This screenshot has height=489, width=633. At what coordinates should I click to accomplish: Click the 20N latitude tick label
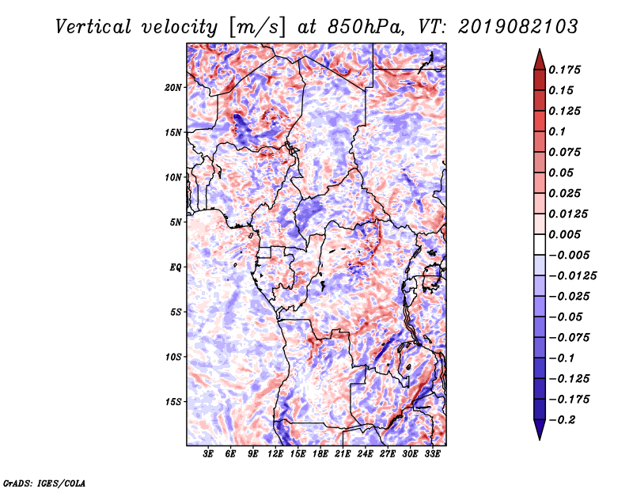pyautogui.click(x=173, y=88)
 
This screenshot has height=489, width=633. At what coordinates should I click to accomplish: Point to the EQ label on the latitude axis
pyautogui.click(x=175, y=267)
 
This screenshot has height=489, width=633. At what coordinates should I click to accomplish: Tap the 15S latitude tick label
pyautogui.click(x=173, y=402)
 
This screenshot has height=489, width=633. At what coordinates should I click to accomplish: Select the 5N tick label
pyautogui.click(x=176, y=222)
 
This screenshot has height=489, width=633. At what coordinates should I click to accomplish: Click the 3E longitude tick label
pyautogui.click(x=208, y=454)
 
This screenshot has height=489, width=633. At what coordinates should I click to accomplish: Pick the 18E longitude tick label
pyautogui.click(x=320, y=454)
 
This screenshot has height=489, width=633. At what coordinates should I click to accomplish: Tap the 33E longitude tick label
pyautogui.click(x=432, y=454)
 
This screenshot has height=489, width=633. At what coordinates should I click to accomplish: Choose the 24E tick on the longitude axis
pyautogui.click(x=365, y=454)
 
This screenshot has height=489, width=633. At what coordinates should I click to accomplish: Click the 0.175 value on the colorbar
pyautogui.click(x=564, y=70)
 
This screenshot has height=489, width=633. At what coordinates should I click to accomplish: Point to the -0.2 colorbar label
pyautogui.click(x=562, y=420)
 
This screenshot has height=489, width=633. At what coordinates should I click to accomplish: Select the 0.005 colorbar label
pyautogui.click(x=564, y=234)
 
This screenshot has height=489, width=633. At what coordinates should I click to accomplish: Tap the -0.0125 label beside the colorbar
pyautogui.click(x=572, y=276)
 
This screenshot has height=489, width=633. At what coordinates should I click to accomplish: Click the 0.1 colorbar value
pyautogui.click(x=557, y=131)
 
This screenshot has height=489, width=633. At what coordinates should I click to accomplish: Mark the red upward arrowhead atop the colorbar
pyautogui.click(x=540, y=59)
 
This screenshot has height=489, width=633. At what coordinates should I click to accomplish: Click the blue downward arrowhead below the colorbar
pyautogui.click(x=540, y=430)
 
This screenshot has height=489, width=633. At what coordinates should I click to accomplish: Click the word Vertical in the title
pyautogui.click(x=93, y=27)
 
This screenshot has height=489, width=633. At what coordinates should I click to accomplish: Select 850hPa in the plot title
pyautogui.click(x=366, y=27)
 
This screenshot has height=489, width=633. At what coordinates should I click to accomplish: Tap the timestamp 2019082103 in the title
pyautogui.click(x=518, y=27)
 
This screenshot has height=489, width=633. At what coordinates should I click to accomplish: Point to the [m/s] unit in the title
pyautogui.click(x=257, y=28)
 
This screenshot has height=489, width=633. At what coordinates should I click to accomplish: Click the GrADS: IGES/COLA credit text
pyautogui.click(x=44, y=483)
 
